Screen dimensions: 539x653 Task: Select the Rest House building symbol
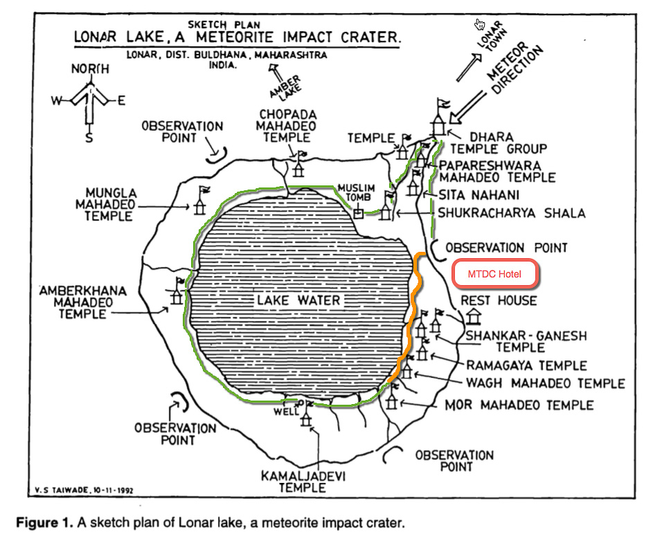coord(474,316)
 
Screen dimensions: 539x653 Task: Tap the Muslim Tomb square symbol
coord(358,213)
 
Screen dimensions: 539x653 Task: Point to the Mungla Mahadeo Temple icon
coord(201,202)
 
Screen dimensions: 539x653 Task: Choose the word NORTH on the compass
coord(90,69)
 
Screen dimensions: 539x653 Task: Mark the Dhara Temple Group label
coord(499,143)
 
